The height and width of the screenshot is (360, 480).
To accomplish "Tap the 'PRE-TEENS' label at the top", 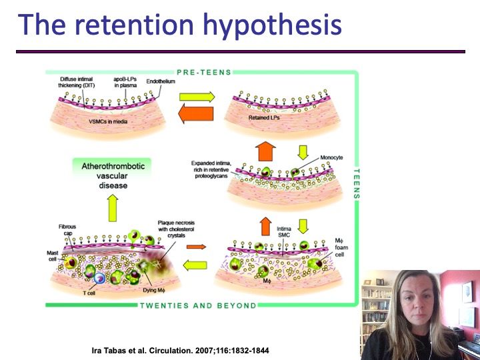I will point(204,73).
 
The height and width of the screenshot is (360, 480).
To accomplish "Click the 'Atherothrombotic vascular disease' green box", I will point(113,175).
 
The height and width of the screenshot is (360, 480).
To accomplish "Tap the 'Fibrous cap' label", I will point(68,231).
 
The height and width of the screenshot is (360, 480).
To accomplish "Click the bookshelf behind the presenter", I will point(374,307).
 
